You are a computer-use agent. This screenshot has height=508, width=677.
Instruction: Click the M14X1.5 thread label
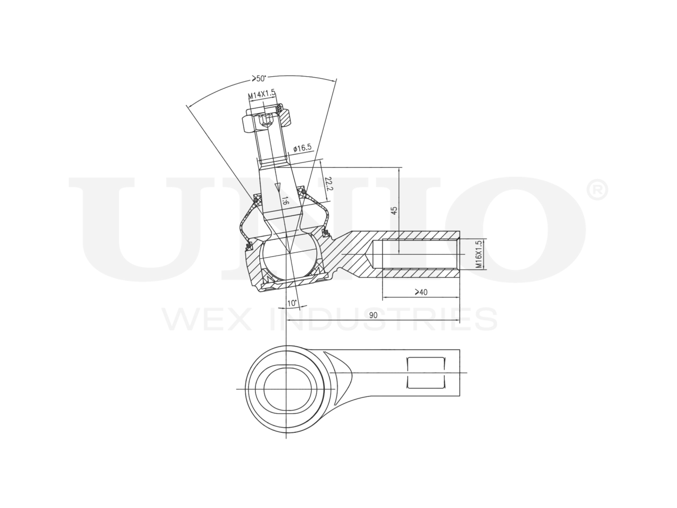(x=262, y=94)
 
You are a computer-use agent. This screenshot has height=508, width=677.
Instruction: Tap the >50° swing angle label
(x=258, y=78)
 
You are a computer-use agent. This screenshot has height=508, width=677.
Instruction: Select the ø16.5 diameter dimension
(x=304, y=148)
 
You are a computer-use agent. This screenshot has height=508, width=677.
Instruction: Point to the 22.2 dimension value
(x=330, y=184)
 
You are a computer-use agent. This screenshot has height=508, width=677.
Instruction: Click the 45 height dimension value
(x=394, y=210)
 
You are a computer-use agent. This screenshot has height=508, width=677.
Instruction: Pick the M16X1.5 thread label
(x=478, y=255)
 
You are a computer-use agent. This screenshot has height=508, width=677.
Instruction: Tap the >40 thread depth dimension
(x=421, y=292)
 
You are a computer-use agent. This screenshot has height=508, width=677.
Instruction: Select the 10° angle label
(x=291, y=303)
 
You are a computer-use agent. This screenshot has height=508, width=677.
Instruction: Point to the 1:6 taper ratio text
(x=285, y=201)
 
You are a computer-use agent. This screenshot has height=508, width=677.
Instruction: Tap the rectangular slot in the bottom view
(x=425, y=373)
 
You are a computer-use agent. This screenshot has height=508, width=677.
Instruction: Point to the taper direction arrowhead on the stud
(x=277, y=186)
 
